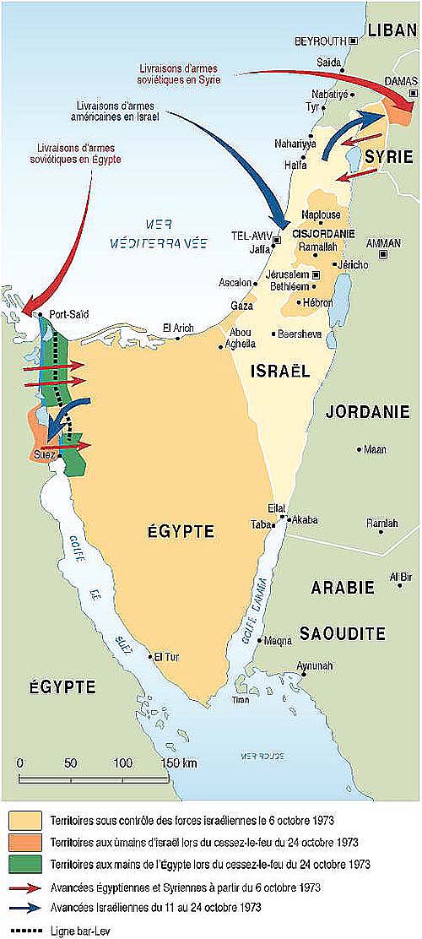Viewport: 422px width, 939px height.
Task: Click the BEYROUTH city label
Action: [320, 41]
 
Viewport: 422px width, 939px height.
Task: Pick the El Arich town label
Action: [178, 328]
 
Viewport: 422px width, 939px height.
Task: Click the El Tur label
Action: [165, 655]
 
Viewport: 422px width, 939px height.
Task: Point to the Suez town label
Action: [43, 455]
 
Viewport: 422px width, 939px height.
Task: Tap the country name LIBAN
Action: [392, 30]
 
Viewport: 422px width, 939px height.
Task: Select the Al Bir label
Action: [399, 578]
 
